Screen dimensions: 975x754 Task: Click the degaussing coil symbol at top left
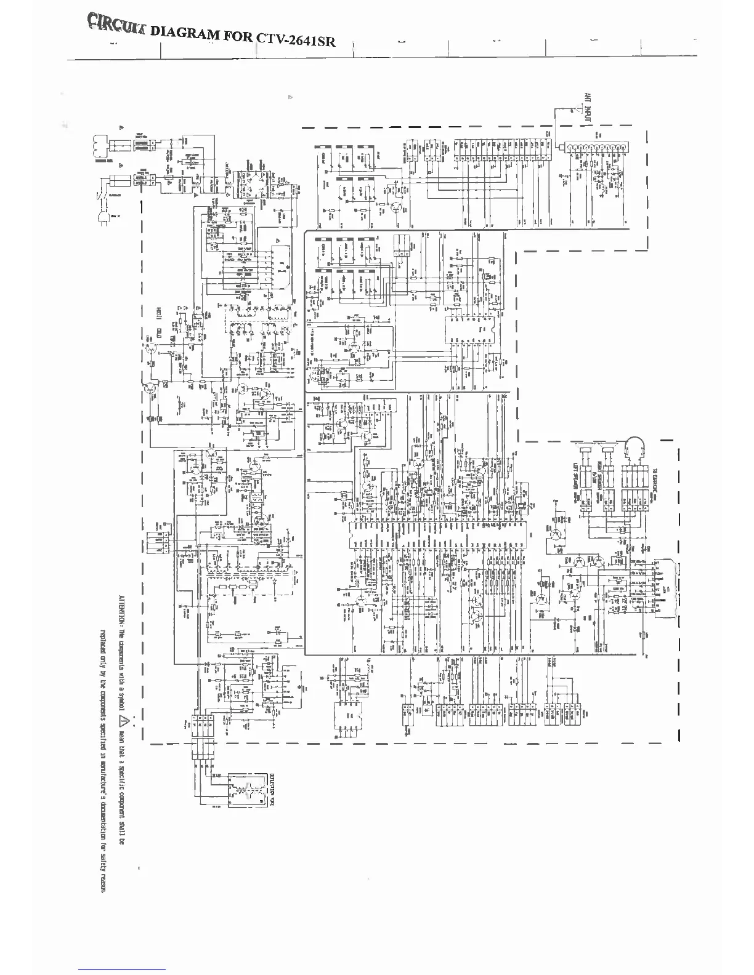tap(101, 146)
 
